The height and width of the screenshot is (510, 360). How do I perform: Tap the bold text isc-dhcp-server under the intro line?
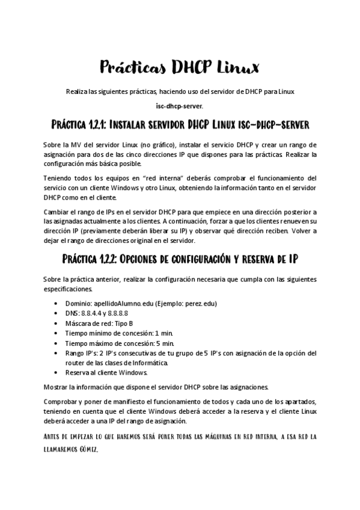(x=180, y=106)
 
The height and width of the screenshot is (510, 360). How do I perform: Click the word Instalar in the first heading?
(x=134, y=125)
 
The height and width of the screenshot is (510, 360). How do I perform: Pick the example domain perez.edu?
(x=204, y=304)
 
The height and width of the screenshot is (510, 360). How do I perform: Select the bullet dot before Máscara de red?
(x=56, y=323)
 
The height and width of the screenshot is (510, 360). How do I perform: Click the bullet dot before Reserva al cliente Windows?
(x=56, y=372)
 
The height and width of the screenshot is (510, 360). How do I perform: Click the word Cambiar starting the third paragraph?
(x=57, y=212)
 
